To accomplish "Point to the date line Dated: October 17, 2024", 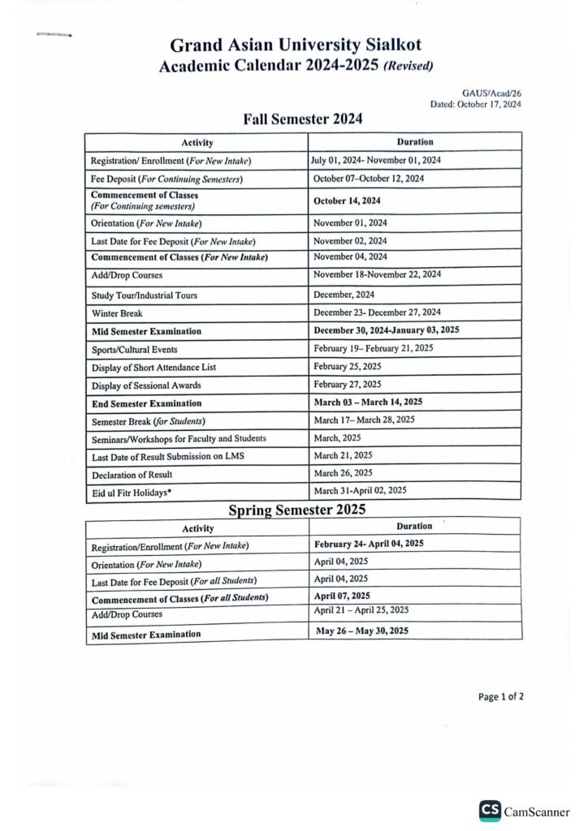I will (476, 105).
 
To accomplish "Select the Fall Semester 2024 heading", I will (302, 119).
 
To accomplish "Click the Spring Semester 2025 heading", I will (296, 510).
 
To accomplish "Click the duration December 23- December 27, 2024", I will (377, 312).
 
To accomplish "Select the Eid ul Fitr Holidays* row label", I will (131, 492).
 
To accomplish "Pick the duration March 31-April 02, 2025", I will (360, 490).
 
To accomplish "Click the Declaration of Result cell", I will (132, 474).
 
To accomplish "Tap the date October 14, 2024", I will (347, 200).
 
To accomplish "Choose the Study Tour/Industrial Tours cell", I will (144, 295).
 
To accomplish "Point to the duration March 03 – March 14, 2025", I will (368, 402).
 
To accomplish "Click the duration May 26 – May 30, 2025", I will (362, 631).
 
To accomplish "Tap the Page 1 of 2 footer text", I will (500, 696).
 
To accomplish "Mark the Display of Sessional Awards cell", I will (145, 385).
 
